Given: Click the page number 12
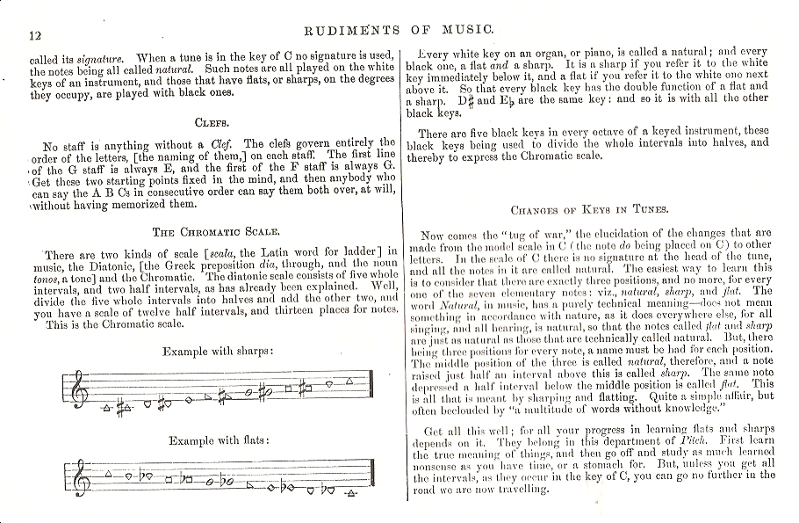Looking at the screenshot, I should pyautogui.click(x=36, y=34).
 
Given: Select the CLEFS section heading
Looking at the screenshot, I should pyautogui.click(x=212, y=123).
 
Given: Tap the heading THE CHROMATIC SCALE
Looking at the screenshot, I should pyautogui.click(x=216, y=232).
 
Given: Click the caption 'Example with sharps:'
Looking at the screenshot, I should pyautogui.click(x=219, y=351).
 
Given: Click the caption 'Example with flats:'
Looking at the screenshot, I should pyautogui.click(x=219, y=439).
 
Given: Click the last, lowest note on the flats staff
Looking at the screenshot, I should pyautogui.click(x=350, y=491).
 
